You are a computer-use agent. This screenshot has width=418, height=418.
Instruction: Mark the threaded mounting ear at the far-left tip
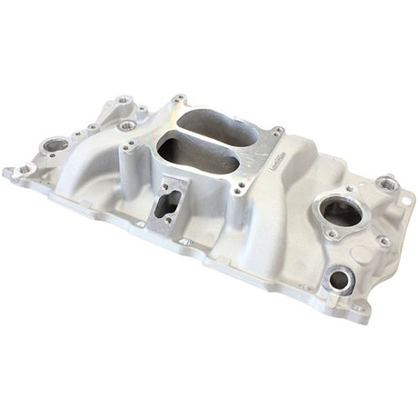9,171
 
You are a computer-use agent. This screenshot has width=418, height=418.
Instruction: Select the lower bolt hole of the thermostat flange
333,234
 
